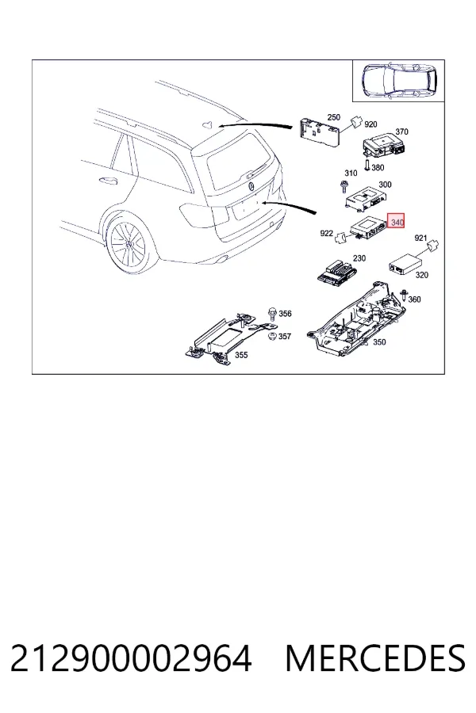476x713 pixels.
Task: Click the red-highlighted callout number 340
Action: pos(397,223)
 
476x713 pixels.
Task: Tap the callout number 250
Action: pos(334,117)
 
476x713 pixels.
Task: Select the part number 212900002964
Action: pos(131,658)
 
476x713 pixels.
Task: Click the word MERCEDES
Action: pos(376,658)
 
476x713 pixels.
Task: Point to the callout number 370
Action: pos(401,132)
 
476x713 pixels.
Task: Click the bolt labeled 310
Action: pos(344,186)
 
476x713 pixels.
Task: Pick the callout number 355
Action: pos(241,355)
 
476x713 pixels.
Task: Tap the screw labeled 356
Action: pos(272,313)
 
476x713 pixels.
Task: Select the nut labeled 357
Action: pos(272,337)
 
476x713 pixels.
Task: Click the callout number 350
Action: pos(379,342)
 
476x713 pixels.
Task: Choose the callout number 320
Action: pos(422,275)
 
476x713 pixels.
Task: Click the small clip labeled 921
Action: pos(432,245)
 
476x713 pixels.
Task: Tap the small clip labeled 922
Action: pos(340,238)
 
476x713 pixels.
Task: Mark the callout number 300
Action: pos(385,185)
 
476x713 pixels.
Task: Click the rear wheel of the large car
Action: pos(129,244)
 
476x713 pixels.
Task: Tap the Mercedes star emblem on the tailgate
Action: pos(251,186)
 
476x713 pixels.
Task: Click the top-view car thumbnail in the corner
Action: pos(399,81)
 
